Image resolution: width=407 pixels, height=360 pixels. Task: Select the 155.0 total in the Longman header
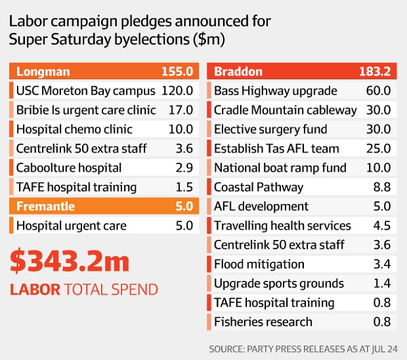pyautogui.click(x=177, y=71)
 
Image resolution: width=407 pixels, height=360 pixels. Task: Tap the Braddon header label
pyautogui.click(x=239, y=71)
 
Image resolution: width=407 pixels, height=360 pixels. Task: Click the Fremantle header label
pyautogui.click(x=46, y=206)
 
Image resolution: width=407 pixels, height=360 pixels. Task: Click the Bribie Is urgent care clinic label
pyautogui.click(x=86, y=110)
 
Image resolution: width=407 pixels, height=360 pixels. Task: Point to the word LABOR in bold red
pyautogui.click(x=33, y=290)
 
